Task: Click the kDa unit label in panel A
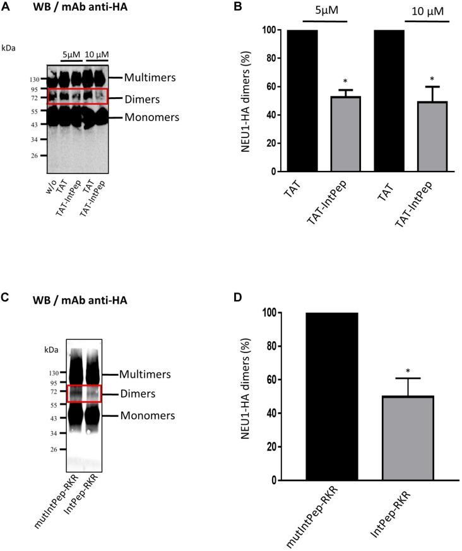pos(10,47)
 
